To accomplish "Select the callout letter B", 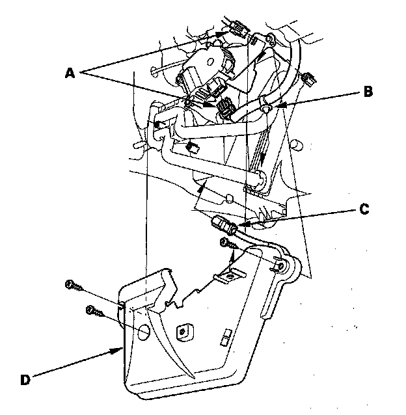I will pyautogui.click(x=368, y=92).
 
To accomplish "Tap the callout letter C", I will pyautogui.click(x=364, y=209).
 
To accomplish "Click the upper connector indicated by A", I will pyautogui.click(x=237, y=29).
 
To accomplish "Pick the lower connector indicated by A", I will pyautogui.click(x=225, y=107).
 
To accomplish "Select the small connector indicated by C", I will pyautogui.click(x=223, y=227).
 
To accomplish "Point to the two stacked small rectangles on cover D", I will pyautogui.click(x=225, y=337).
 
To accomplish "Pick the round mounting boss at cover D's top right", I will pyautogui.click(x=282, y=263).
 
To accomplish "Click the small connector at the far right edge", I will pyautogui.click(x=308, y=81).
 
